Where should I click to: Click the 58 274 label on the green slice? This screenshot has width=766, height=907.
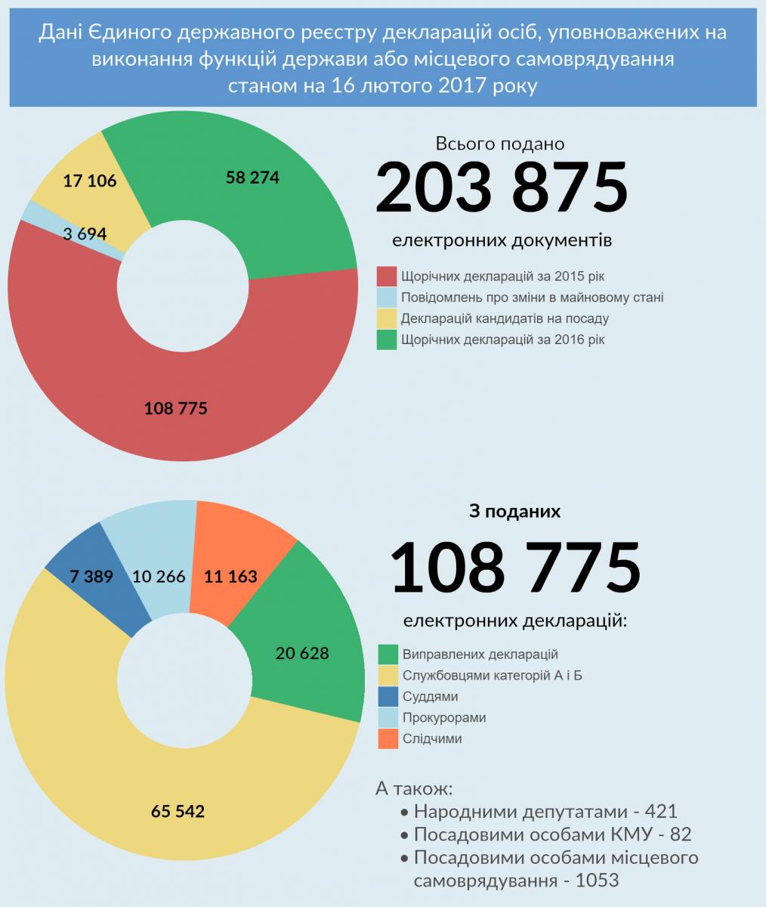tap(252, 178)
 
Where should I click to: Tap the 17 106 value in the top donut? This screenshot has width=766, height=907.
tap(90, 181)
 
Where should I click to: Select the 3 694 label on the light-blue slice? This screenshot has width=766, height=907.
tap(85, 234)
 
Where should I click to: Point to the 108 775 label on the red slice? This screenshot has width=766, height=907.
tap(175, 408)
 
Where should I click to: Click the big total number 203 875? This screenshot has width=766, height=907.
tap(501, 186)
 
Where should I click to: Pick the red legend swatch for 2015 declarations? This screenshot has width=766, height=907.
tap(387, 277)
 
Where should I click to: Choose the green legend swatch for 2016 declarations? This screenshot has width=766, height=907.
tap(387, 340)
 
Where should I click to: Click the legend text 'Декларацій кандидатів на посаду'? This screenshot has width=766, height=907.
tap(505, 319)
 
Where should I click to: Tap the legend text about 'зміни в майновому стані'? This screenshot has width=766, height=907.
tap(532, 298)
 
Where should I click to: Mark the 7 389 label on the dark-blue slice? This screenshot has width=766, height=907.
tap(91, 576)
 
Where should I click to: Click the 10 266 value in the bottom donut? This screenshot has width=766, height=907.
tap(159, 576)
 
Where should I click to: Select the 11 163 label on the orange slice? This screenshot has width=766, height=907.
tap(230, 576)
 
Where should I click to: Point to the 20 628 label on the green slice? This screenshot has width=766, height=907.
tap(302, 653)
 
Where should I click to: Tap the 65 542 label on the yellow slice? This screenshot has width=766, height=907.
tap(178, 812)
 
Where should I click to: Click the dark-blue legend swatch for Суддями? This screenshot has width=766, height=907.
tap(388, 697)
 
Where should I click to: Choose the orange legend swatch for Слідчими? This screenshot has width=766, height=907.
tap(388, 739)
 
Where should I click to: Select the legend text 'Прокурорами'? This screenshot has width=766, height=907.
tap(444, 718)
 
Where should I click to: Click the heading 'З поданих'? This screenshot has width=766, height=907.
tap(514, 512)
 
